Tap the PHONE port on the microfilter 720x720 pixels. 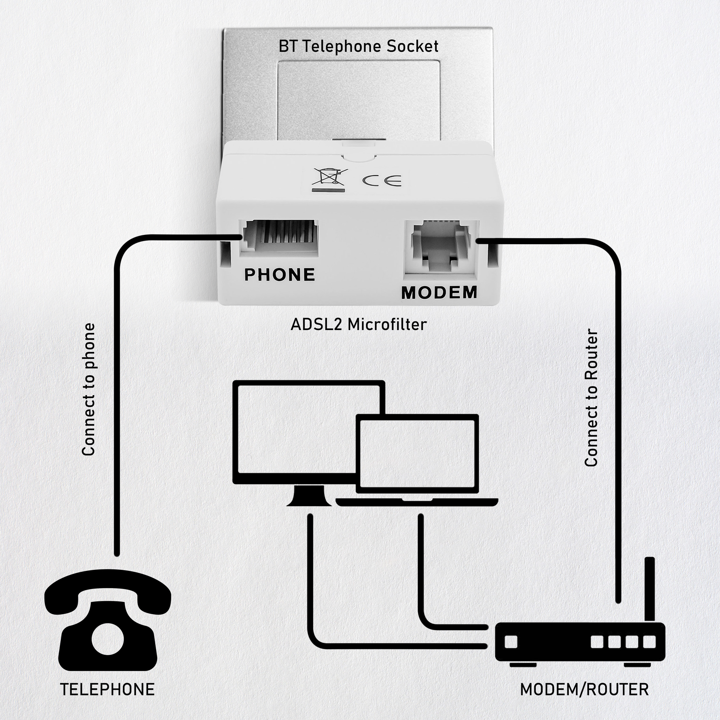click(279, 238)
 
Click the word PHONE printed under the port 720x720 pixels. click(279, 275)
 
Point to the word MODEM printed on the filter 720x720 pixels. click(439, 293)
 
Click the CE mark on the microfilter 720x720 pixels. click(382, 180)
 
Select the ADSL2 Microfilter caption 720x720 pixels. click(359, 325)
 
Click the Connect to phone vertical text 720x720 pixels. click(89, 389)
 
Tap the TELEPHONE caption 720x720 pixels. click(107, 689)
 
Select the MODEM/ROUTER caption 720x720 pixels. click(584, 689)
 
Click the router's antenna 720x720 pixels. click(649, 589)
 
